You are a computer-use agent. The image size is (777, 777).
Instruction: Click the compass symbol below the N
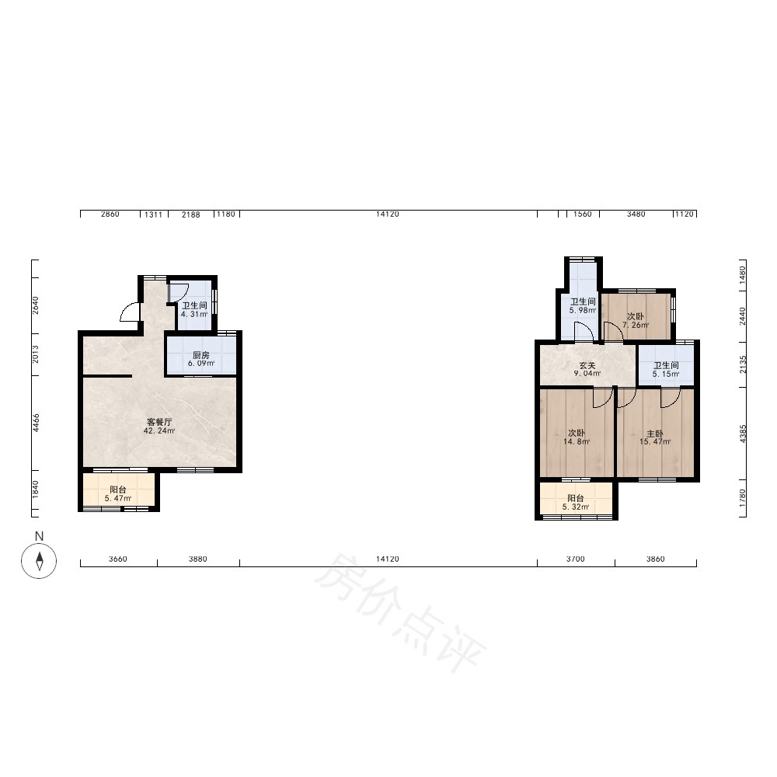39,560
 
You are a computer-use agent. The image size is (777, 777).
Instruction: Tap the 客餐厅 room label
159,426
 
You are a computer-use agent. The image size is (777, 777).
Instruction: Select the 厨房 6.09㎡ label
200,359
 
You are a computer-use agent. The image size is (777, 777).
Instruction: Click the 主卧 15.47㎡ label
655,437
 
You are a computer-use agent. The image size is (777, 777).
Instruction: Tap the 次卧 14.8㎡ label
577,437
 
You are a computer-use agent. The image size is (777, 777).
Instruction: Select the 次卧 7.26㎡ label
636,321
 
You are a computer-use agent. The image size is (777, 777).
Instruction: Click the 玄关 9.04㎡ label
587,369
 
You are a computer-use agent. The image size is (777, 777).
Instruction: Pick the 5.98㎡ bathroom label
582,305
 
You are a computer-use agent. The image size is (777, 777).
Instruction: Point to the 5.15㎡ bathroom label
666,370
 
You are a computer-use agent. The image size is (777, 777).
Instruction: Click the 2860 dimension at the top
110,214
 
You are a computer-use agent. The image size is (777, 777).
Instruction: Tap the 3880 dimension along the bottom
197,559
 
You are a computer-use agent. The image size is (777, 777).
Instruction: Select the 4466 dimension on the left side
36,423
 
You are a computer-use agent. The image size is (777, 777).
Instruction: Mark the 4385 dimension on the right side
742,434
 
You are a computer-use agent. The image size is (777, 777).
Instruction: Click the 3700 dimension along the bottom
575,559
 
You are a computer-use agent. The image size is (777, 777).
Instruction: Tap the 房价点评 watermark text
399,613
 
